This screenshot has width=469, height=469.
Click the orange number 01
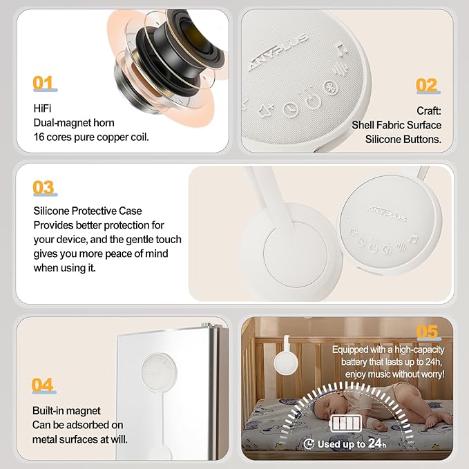tap(43, 84)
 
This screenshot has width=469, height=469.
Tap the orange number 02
tap(426, 86)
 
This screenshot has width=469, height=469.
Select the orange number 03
tap(44, 188)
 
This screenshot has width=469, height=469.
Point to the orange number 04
tap(43, 385)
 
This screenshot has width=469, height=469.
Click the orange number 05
tap(427, 332)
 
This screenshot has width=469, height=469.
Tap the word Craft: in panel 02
tap(428, 111)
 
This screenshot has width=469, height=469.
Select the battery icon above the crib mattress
tap(347, 423)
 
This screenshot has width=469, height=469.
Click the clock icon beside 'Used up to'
tap(309, 444)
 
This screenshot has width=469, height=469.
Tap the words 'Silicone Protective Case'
tap(87, 211)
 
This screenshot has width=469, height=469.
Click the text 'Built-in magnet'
tap(66, 410)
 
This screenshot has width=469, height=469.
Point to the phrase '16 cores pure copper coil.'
tap(91, 137)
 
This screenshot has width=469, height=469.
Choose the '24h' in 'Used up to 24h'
tap(376, 444)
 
